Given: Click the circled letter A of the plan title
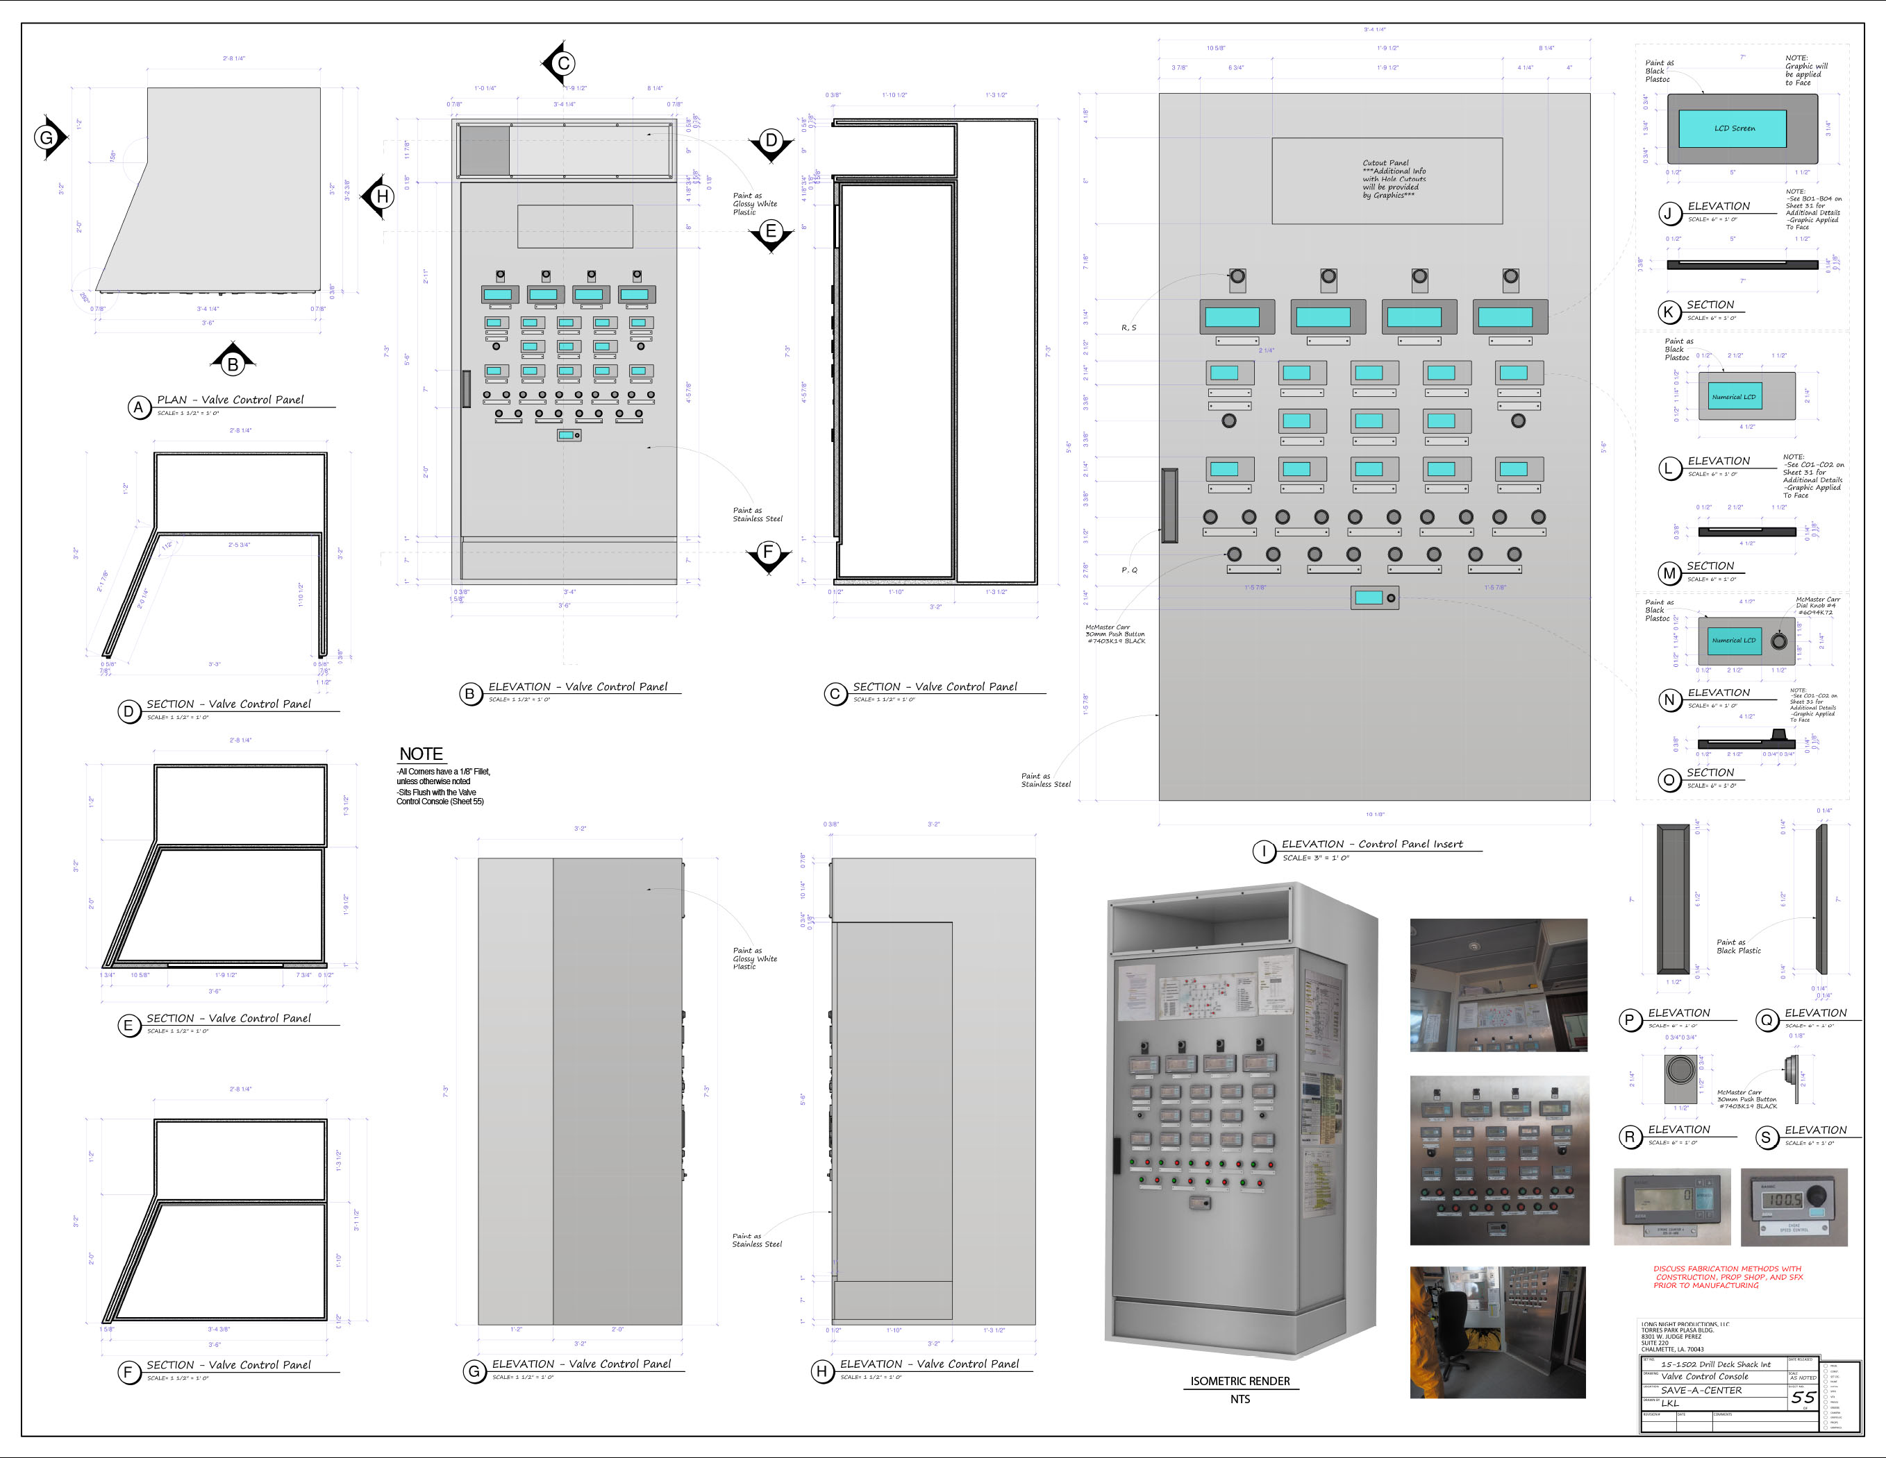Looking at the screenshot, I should point(138,407).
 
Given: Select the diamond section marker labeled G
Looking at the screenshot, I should point(47,137).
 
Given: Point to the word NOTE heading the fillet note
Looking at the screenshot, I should point(421,754).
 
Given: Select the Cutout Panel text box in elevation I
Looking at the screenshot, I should point(1387,180).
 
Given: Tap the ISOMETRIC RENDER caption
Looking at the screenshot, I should point(1240,1381).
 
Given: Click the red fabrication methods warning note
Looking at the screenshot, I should point(1727,1277).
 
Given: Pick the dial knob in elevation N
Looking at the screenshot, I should point(1778,641).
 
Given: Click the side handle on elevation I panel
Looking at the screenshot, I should point(1169,506).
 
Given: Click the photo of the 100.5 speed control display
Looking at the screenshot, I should point(1793,1207).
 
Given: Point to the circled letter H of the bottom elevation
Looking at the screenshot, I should point(821,1371).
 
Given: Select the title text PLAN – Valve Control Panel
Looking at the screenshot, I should point(231,400).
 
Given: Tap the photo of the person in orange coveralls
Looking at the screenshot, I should point(1496,1332).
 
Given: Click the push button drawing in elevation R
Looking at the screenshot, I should point(1680,1070).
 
